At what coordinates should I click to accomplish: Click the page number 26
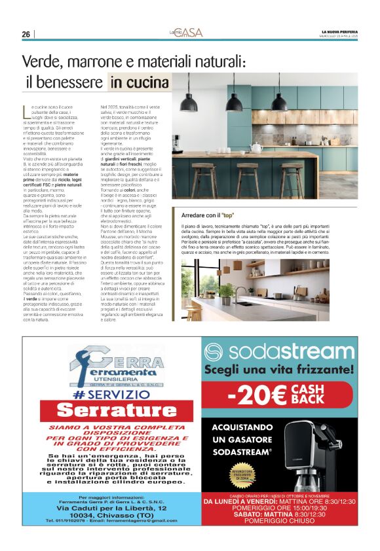[x=26, y=34]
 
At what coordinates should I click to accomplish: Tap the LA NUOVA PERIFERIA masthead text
[x=340, y=31]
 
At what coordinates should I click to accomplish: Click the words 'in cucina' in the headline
[x=139, y=82]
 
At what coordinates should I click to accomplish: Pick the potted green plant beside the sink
[x=227, y=292]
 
